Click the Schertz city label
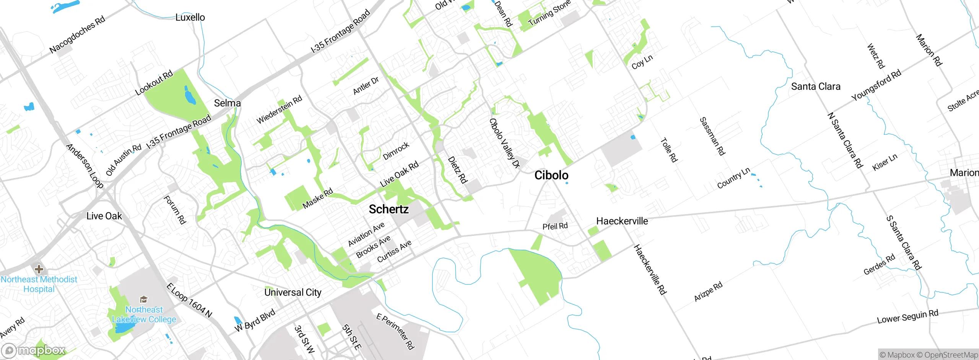tap(389, 209)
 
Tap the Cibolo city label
tap(551, 175)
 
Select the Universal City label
tap(293, 292)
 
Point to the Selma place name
tap(227, 103)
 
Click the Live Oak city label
tap(104, 216)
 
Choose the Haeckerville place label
tap(622, 221)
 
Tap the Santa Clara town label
tap(815, 87)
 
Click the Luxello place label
tap(190, 17)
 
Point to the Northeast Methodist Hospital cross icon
tap(39, 269)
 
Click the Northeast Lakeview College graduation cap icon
tap(144, 299)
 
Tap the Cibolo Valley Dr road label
tap(505, 143)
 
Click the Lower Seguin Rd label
tap(907, 317)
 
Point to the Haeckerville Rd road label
tap(650, 270)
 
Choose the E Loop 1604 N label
tap(189, 301)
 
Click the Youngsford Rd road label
tap(876, 85)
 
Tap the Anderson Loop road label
tap(85, 166)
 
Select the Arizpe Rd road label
tap(708, 291)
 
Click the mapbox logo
tap(34, 350)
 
